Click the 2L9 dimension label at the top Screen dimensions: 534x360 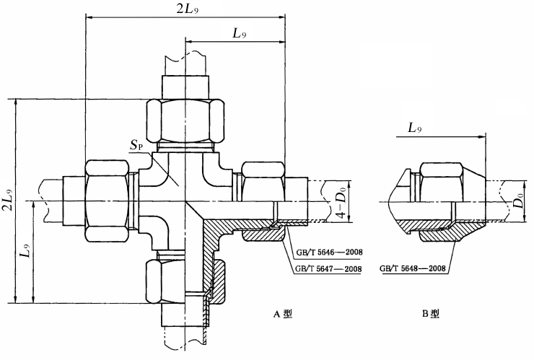pos(188,9)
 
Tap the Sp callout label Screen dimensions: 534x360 pos(136,145)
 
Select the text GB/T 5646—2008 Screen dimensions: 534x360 pos(328,253)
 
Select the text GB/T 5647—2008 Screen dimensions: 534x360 pos(328,268)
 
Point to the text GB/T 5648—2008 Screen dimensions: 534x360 pos(413,268)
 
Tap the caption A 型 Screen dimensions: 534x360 pos(283,314)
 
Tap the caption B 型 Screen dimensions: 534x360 pos(431,314)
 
